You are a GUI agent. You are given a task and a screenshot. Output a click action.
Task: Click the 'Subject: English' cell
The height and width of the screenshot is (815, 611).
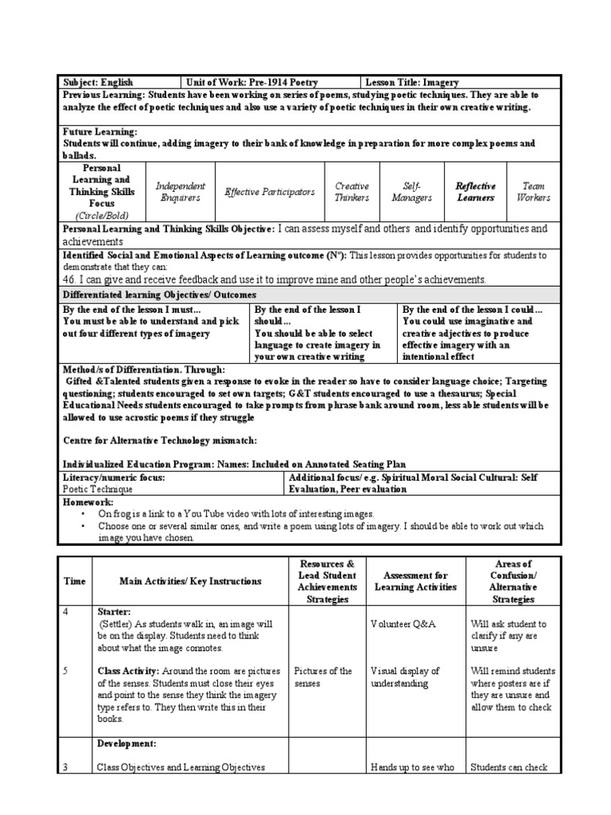[x=99, y=82]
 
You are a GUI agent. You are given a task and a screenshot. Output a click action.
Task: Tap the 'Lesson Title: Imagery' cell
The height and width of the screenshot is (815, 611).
[x=412, y=82]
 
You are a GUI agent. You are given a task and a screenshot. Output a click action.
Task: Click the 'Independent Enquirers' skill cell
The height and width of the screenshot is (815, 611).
[x=180, y=192]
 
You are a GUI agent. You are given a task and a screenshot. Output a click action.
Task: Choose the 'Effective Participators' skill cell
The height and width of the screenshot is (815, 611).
[x=270, y=192]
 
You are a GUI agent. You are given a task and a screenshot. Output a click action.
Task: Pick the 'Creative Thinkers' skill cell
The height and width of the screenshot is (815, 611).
[x=352, y=192]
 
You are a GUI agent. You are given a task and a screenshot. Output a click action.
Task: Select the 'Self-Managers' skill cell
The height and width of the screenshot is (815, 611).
[x=412, y=192]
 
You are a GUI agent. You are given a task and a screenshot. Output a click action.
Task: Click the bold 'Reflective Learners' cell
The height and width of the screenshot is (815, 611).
[x=475, y=192]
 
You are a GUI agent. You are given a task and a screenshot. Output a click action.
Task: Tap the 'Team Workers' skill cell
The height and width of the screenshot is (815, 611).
[x=533, y=192]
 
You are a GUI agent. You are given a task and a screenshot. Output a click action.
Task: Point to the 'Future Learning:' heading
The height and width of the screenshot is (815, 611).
[x=99, y=131]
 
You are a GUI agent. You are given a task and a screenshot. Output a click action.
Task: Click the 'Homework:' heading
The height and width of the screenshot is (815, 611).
[x=88, y=503]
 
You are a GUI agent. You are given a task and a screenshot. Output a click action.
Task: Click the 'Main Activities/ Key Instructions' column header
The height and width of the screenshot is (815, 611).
[x=190, y=582]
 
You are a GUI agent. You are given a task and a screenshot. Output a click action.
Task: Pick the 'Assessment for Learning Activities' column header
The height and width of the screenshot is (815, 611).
[x=416, y=582]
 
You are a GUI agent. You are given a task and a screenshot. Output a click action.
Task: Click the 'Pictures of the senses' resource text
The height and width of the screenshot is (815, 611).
[x=323, y=677]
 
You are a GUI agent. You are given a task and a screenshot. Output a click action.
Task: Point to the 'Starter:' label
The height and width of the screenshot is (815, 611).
[x=115, y=611]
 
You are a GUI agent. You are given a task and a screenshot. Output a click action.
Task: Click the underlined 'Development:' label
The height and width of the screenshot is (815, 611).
[x=126, y=743]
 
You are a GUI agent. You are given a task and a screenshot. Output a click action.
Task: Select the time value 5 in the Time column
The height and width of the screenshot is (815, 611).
[x=66, y=671]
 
